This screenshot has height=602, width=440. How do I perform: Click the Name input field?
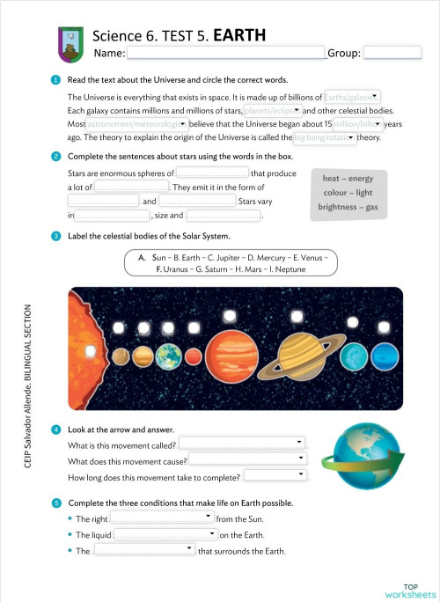[x=226, y=53]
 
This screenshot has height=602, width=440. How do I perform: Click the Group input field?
[x=392, y=53]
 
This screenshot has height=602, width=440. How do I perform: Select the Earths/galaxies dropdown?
[x=352, y=96]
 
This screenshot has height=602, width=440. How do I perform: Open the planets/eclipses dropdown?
[x=272, y=111]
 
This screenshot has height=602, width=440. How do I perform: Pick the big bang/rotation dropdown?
[x=324, y=138]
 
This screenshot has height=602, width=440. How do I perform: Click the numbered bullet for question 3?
[x=56, y=236]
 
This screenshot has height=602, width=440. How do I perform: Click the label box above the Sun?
[x=117, y=328]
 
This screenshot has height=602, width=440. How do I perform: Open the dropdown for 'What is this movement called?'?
[x=242, y=443]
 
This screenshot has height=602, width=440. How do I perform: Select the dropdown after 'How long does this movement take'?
[x=275, y=476]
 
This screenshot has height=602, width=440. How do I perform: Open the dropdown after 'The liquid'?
[x=165, y=534]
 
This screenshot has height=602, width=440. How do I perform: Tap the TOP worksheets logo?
[x=409, y=590]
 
